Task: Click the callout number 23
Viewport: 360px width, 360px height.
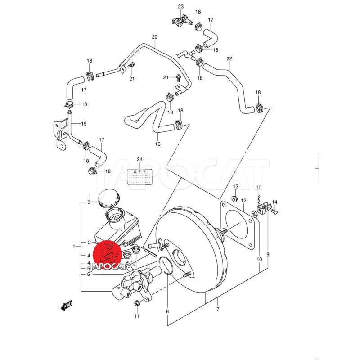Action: pos(181,6)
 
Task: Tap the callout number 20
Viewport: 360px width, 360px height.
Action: pos(154,37)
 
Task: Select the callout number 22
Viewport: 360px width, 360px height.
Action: pos(229,59)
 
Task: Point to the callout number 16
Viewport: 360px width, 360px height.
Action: pos(157,144)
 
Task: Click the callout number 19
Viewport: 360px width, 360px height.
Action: pos(84,124)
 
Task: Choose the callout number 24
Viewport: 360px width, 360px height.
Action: pos(139,160)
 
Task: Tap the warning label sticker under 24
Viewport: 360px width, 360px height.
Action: pos(139,177)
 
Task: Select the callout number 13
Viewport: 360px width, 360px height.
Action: pos(235,187)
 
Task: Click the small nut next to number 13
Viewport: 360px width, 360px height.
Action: pos(234,198)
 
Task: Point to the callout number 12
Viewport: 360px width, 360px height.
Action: pos(243,201)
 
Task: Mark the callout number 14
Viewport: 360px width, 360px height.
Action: pos(274,202)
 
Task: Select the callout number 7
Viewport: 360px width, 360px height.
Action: pos(217,309)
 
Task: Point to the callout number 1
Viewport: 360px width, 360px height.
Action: pos(74,246)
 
